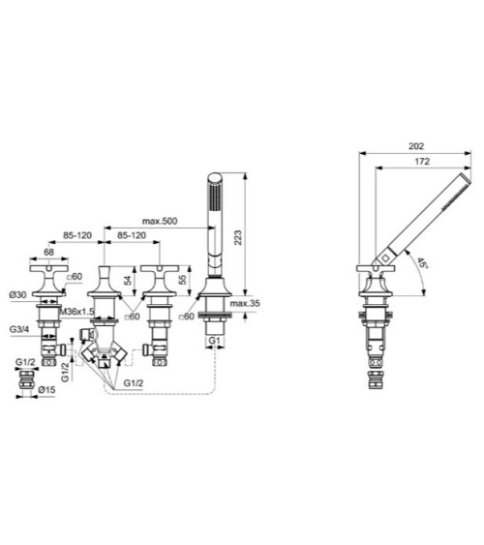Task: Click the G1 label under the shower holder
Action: (215, 341)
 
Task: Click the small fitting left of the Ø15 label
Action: (24, 384)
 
